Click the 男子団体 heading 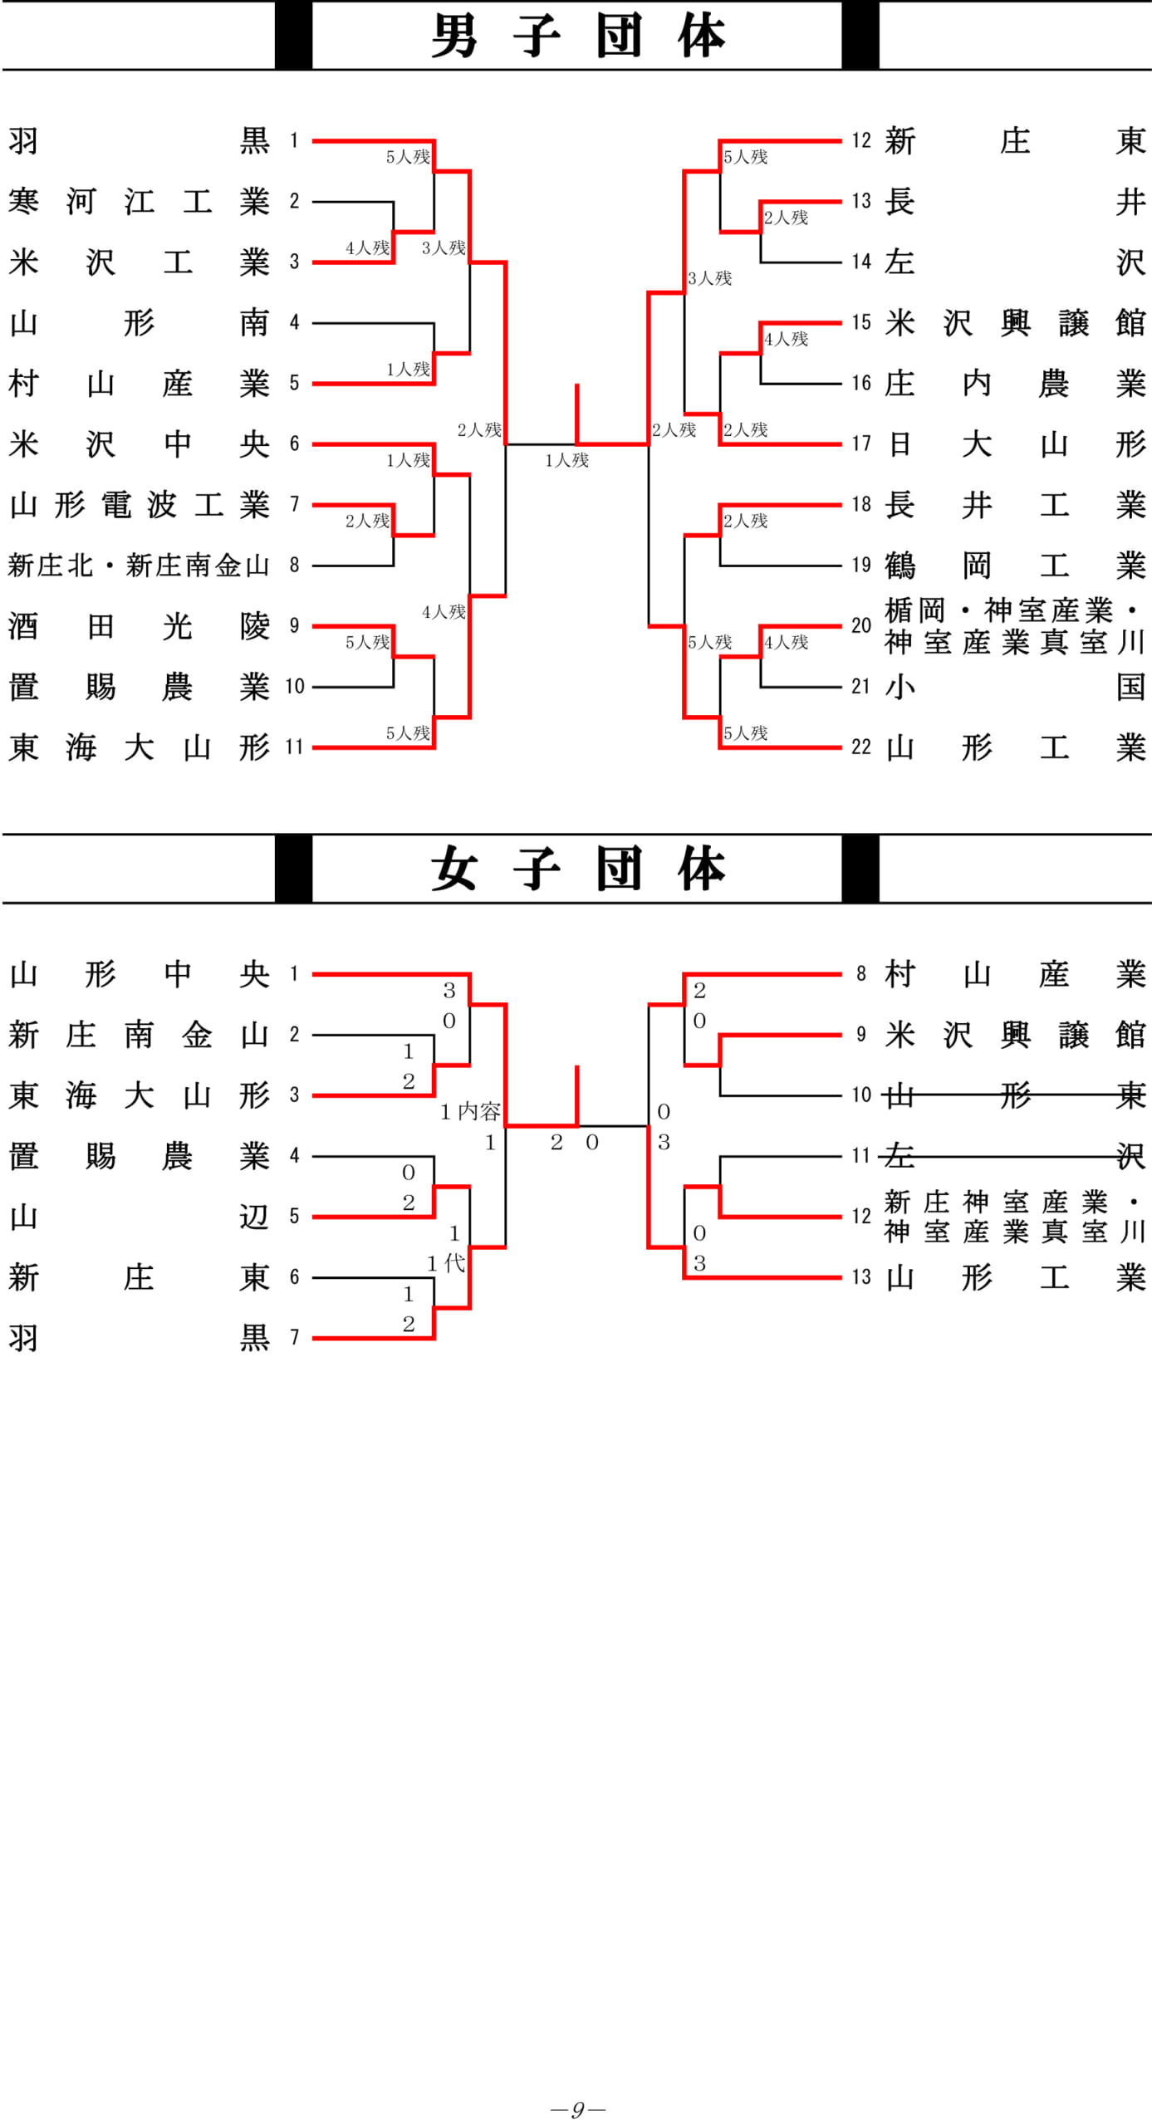coord(577,36)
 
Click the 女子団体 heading coord(577,869)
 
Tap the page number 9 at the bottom coord(577,2109)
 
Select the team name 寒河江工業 coord(139,202)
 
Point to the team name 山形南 coord(139,323)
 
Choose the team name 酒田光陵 coord(139,626)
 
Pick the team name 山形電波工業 coord(139,505)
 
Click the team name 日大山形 coord(1015,444)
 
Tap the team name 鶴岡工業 coord(1015,566)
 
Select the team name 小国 coord(1015,687)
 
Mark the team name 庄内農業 coord(1015,384)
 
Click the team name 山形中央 coord(139,974)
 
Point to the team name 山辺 coord(139,1217)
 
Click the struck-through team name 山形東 coord(1015,1095)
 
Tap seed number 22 coord(860,747)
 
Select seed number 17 coord(860,444)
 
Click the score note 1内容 coord(469,1111)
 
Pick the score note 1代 coord(446,1263)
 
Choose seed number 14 coord(860,262)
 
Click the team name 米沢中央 coord(139,444)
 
